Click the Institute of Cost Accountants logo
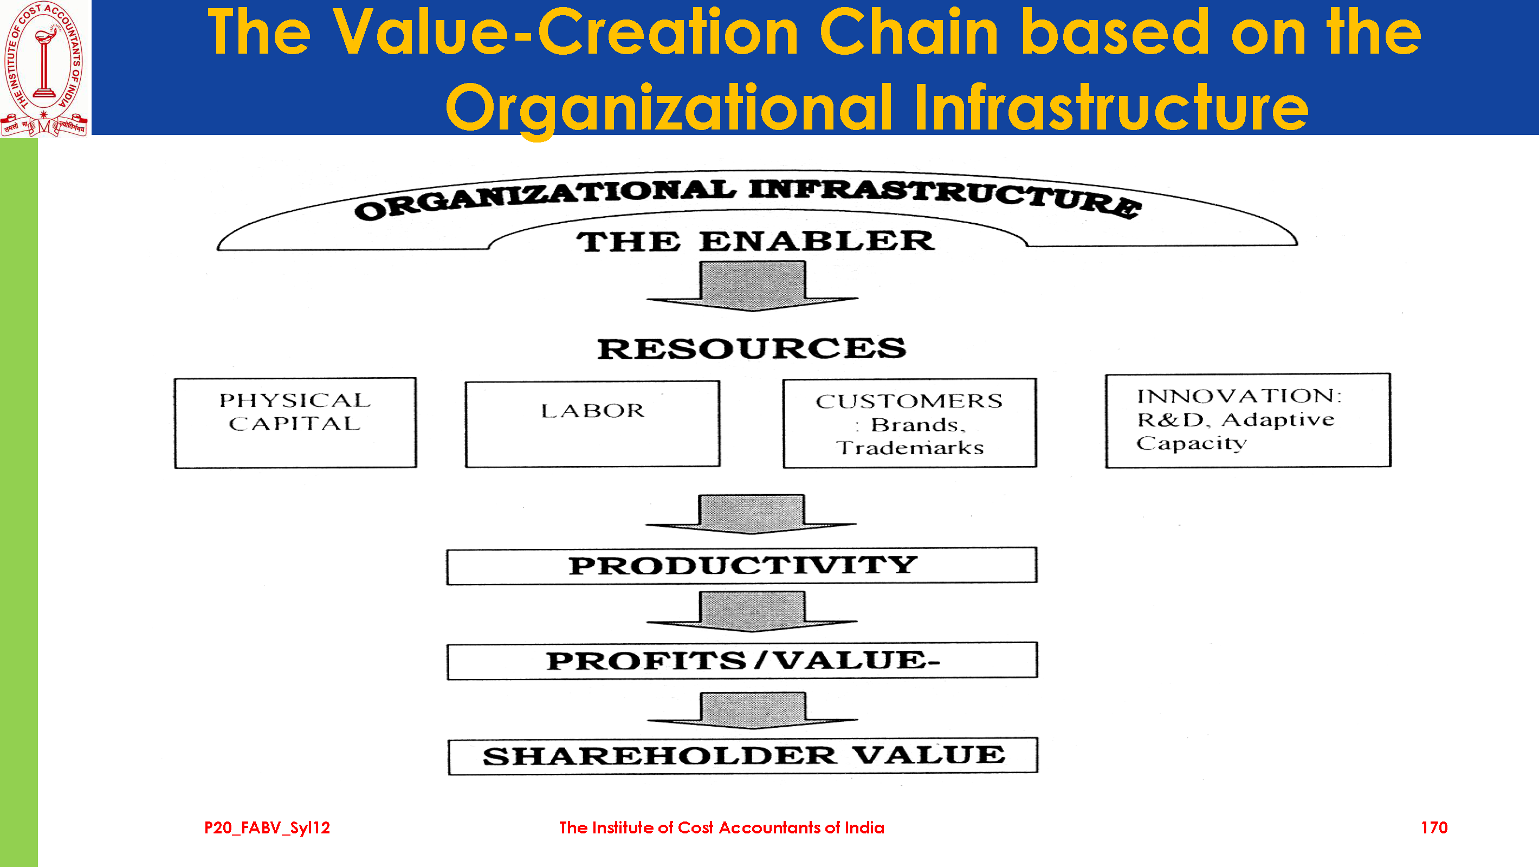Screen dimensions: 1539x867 pyautogui.click(x=46, y=68)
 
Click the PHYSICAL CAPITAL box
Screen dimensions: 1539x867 pyautogui.click(x=296, y=423)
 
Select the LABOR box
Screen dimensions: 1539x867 pyautogui.click(x=593, y=424)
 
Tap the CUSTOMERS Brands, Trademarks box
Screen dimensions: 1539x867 pyautogui.click(x=910, y=423)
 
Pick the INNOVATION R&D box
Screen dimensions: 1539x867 pyautogui.click(x=1248, y=420)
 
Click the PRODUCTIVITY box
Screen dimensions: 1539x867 pyautogui.click(x=742, y=565)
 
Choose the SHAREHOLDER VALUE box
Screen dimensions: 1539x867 pyautogui.click(x=743, y=756)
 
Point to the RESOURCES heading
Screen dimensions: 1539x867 pyautogui.click(x=752, y=349)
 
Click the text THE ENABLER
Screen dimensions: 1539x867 pyautogui.click(x=755, y=241)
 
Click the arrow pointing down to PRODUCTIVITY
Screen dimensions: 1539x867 pyautogui.click(x=751, y=514)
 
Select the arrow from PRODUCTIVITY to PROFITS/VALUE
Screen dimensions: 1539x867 pyautogui.click(x=752, y=611)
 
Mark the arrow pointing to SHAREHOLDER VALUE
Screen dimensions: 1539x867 pyautogui.click(x=752, y=710)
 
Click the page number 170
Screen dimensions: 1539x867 pyautogui.click(x=1434, y=827)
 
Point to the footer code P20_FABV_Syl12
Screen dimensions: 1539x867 pyautogui.click(x=267, y=828)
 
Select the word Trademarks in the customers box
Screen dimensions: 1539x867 pyautogui.click(x=909, y=448)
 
